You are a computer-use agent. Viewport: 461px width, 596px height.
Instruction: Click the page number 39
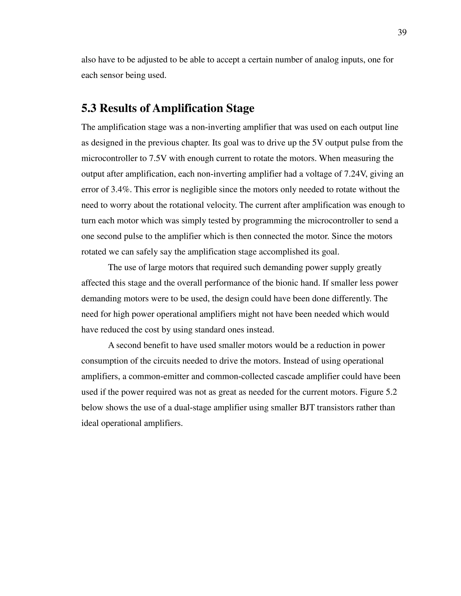point(402,32)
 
